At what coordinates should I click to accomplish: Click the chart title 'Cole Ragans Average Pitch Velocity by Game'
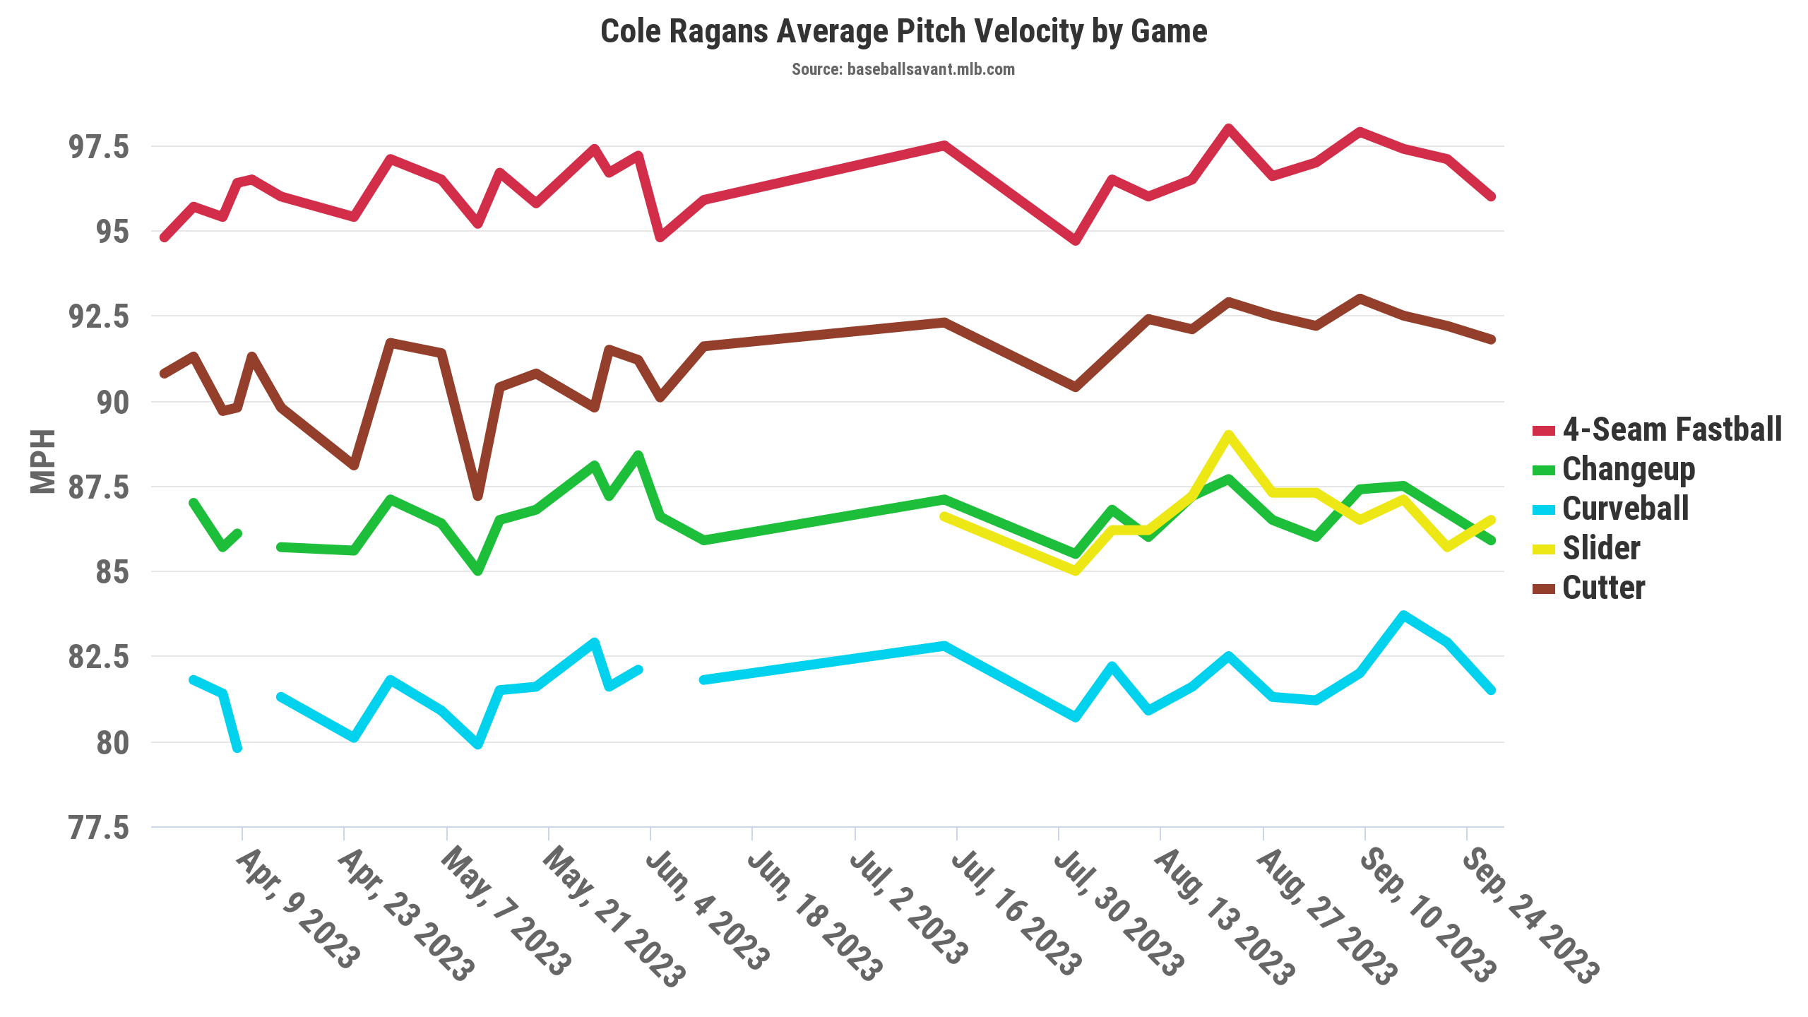[903, 32]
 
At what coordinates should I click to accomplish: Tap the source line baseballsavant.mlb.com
[903, 69]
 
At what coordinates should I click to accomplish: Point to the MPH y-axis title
[43, 461]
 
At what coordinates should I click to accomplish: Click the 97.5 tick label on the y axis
[99, 147]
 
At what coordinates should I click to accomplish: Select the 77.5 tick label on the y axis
[99, 828]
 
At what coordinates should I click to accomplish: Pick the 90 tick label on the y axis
[113, 403]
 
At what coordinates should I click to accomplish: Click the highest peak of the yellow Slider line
[1229, 434]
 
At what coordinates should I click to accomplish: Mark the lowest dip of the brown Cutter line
[478, 496]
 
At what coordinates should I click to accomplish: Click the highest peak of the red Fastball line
[1229, 129]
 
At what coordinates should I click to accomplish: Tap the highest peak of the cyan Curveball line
[1404, 615]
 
